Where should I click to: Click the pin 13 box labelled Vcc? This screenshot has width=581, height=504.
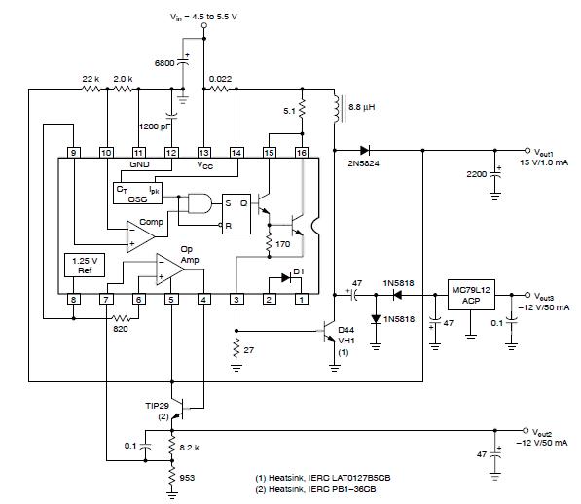(x=203, y=153)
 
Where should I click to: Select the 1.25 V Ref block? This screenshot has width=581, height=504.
(x=85, y=266)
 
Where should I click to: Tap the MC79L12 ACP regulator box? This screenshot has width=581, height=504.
(x=471, y=295)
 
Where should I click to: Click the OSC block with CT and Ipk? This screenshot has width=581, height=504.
(x=137, y=194)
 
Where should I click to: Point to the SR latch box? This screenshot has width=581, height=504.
(x=236, y=214)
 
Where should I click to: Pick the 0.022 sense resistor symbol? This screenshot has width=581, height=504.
(x=220, y=89)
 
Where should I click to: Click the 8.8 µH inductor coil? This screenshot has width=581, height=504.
(x=336, y=109)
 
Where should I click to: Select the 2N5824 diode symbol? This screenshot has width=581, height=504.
(x=365, y=151)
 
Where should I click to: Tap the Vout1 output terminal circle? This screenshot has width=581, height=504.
(x=527, y=151)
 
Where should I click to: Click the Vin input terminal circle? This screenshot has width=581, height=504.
(x=203, y=25)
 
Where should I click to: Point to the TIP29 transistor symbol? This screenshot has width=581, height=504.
(x=179, y=410)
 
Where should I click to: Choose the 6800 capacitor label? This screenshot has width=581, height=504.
(x=164, y=63)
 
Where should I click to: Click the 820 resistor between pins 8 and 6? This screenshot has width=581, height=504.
(x=121, y=318)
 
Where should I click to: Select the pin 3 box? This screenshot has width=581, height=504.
(x=236, y=299)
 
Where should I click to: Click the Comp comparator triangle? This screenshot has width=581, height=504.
(x=141, y=237)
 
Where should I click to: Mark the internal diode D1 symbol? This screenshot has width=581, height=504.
(x=286, y=277)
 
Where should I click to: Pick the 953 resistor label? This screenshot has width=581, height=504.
(x=187, y=478)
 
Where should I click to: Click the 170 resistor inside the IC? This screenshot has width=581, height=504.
(x=270, y=243)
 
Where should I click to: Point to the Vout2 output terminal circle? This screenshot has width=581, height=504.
(x=526, y=430)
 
